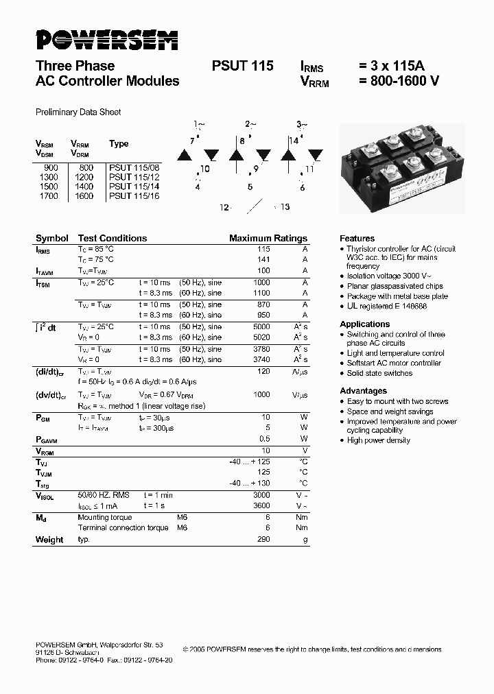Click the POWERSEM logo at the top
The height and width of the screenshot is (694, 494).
(x=106, y=40)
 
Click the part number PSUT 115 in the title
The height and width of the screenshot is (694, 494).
(x=242, y=66)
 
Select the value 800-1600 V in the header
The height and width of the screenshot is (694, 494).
(x=399, y=81)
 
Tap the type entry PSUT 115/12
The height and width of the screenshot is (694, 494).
(x=134, y=176)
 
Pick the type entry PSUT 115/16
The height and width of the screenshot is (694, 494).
(x=134, y=195)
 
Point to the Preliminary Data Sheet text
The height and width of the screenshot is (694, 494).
(x=78, y=112)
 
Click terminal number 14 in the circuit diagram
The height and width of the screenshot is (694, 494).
(x=292, y=140)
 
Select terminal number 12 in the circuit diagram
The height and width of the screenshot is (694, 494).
(x=224, y=206)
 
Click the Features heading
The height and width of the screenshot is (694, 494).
(x=357, y=238)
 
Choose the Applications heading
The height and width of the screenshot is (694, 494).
(x=364, y=324)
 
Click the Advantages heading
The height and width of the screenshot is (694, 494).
(x=363, y=391)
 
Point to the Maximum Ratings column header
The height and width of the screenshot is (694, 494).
(x=268, y=238)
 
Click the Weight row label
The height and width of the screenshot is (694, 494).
(x=49, y=540)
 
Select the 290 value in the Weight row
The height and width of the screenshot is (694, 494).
(x=263, y=540)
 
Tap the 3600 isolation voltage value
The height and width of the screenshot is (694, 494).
(x=261, y=505)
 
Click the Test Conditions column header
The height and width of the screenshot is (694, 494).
(x=112, y=238)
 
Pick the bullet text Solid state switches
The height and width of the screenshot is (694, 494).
(x=379, y=373)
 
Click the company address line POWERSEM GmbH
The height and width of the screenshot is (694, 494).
(x=99, y=645)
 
